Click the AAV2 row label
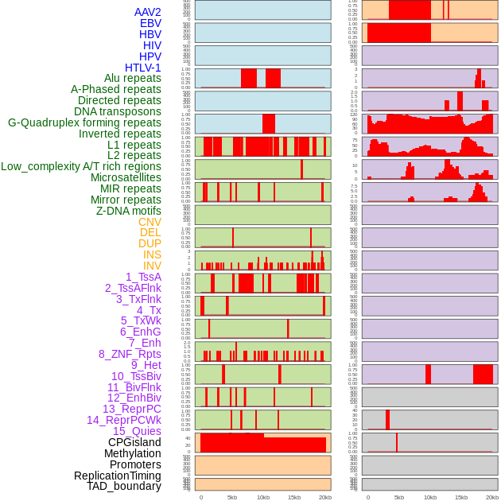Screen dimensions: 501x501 (x=148, y=12)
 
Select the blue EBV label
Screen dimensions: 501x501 (x=150, y=23)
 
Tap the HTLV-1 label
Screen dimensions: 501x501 (x=143, y=68)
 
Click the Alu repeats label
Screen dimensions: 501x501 (x=133, y=78)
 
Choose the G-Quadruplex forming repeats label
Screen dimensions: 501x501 (x=84, y=122)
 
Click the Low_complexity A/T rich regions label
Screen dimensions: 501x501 (x=81, y=166)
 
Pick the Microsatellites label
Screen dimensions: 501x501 (x=126, y=177)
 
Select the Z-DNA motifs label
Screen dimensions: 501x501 (x=129, y=211)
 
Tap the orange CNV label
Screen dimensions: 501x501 (x=150, y=222)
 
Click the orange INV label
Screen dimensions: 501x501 (x=152, y=266)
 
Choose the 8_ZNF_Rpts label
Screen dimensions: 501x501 (x=130, y=354)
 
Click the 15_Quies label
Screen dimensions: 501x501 (x=137, y=431)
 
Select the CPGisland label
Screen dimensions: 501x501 (x=134, y=442)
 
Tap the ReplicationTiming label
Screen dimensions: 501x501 (x=118, y=476)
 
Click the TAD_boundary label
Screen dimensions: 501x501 (x=124, y=486)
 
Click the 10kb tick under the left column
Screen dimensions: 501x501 (x=262, y=497)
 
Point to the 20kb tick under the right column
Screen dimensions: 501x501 (x=492, y=497)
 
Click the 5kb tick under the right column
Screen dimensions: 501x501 (x=399, y=497)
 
